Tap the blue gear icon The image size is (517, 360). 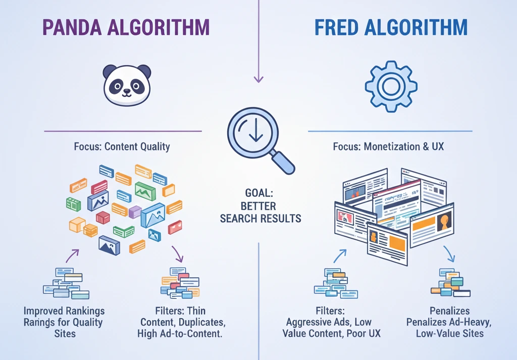tap(391, 86)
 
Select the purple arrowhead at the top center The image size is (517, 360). tap(258, 79)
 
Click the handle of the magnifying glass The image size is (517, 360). tap(283, 163)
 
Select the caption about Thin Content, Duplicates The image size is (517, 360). tap(180, 322)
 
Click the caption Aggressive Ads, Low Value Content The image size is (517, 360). tap(333, 322)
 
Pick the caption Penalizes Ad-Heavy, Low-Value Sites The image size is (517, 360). tap(449, 322)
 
